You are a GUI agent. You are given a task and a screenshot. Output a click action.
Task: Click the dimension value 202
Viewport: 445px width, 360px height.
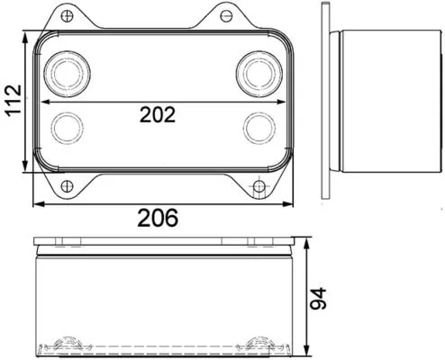[157, 114]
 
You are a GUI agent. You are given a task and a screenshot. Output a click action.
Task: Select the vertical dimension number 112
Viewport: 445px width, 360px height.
[13, 102]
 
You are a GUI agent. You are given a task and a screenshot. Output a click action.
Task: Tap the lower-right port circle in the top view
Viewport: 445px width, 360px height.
[256, 125]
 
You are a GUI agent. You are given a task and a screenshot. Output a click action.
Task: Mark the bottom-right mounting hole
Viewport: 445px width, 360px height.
[259, 187]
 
